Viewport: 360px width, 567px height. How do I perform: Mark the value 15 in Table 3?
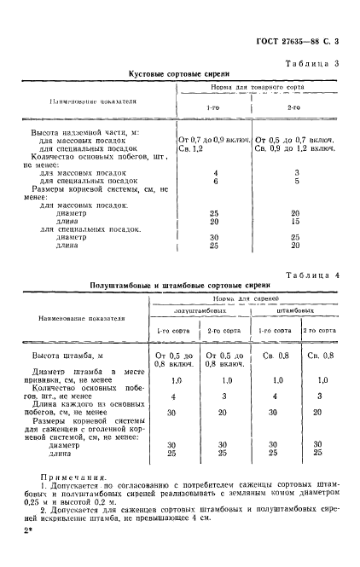coord(293,222)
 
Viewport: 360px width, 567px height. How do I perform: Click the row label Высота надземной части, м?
coord(85,136)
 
